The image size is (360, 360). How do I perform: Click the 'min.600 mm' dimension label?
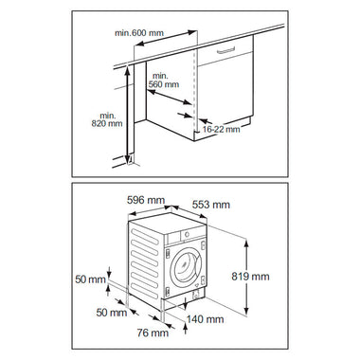point(139,33)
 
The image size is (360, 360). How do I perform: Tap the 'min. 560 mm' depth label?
point(164,81)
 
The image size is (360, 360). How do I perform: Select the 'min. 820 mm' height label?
point(107,119)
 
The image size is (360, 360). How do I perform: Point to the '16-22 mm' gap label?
point(221,129)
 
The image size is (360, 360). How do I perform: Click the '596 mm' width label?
point(146,200)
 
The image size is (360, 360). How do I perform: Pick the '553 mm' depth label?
point(211,205)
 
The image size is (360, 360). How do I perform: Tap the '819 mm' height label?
point(250,277)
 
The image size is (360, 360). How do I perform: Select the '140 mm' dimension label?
point(206,319)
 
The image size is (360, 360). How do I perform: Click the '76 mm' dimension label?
point(153,333)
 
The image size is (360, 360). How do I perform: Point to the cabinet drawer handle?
point(226,50)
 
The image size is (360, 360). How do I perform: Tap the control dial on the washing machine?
point(187,234)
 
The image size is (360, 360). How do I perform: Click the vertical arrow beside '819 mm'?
point(246,277)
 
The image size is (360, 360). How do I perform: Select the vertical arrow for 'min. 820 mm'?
point(127,115)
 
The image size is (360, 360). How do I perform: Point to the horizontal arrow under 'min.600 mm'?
point(167,38)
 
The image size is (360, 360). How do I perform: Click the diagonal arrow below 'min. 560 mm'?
point(170,97)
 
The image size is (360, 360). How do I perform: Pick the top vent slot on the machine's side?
point(145,236)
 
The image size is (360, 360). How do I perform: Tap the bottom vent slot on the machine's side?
point(145,291)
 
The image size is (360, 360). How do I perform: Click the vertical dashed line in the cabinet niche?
point(194,90)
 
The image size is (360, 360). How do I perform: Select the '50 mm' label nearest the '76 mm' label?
point(112,313)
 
